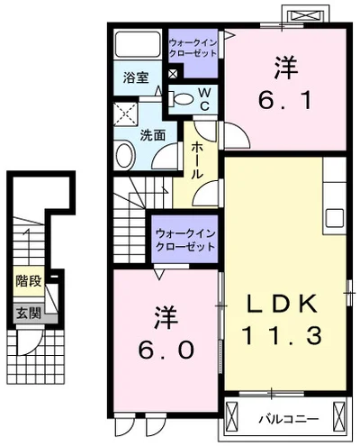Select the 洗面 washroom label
point(152,135)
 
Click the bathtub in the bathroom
point(138,45)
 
